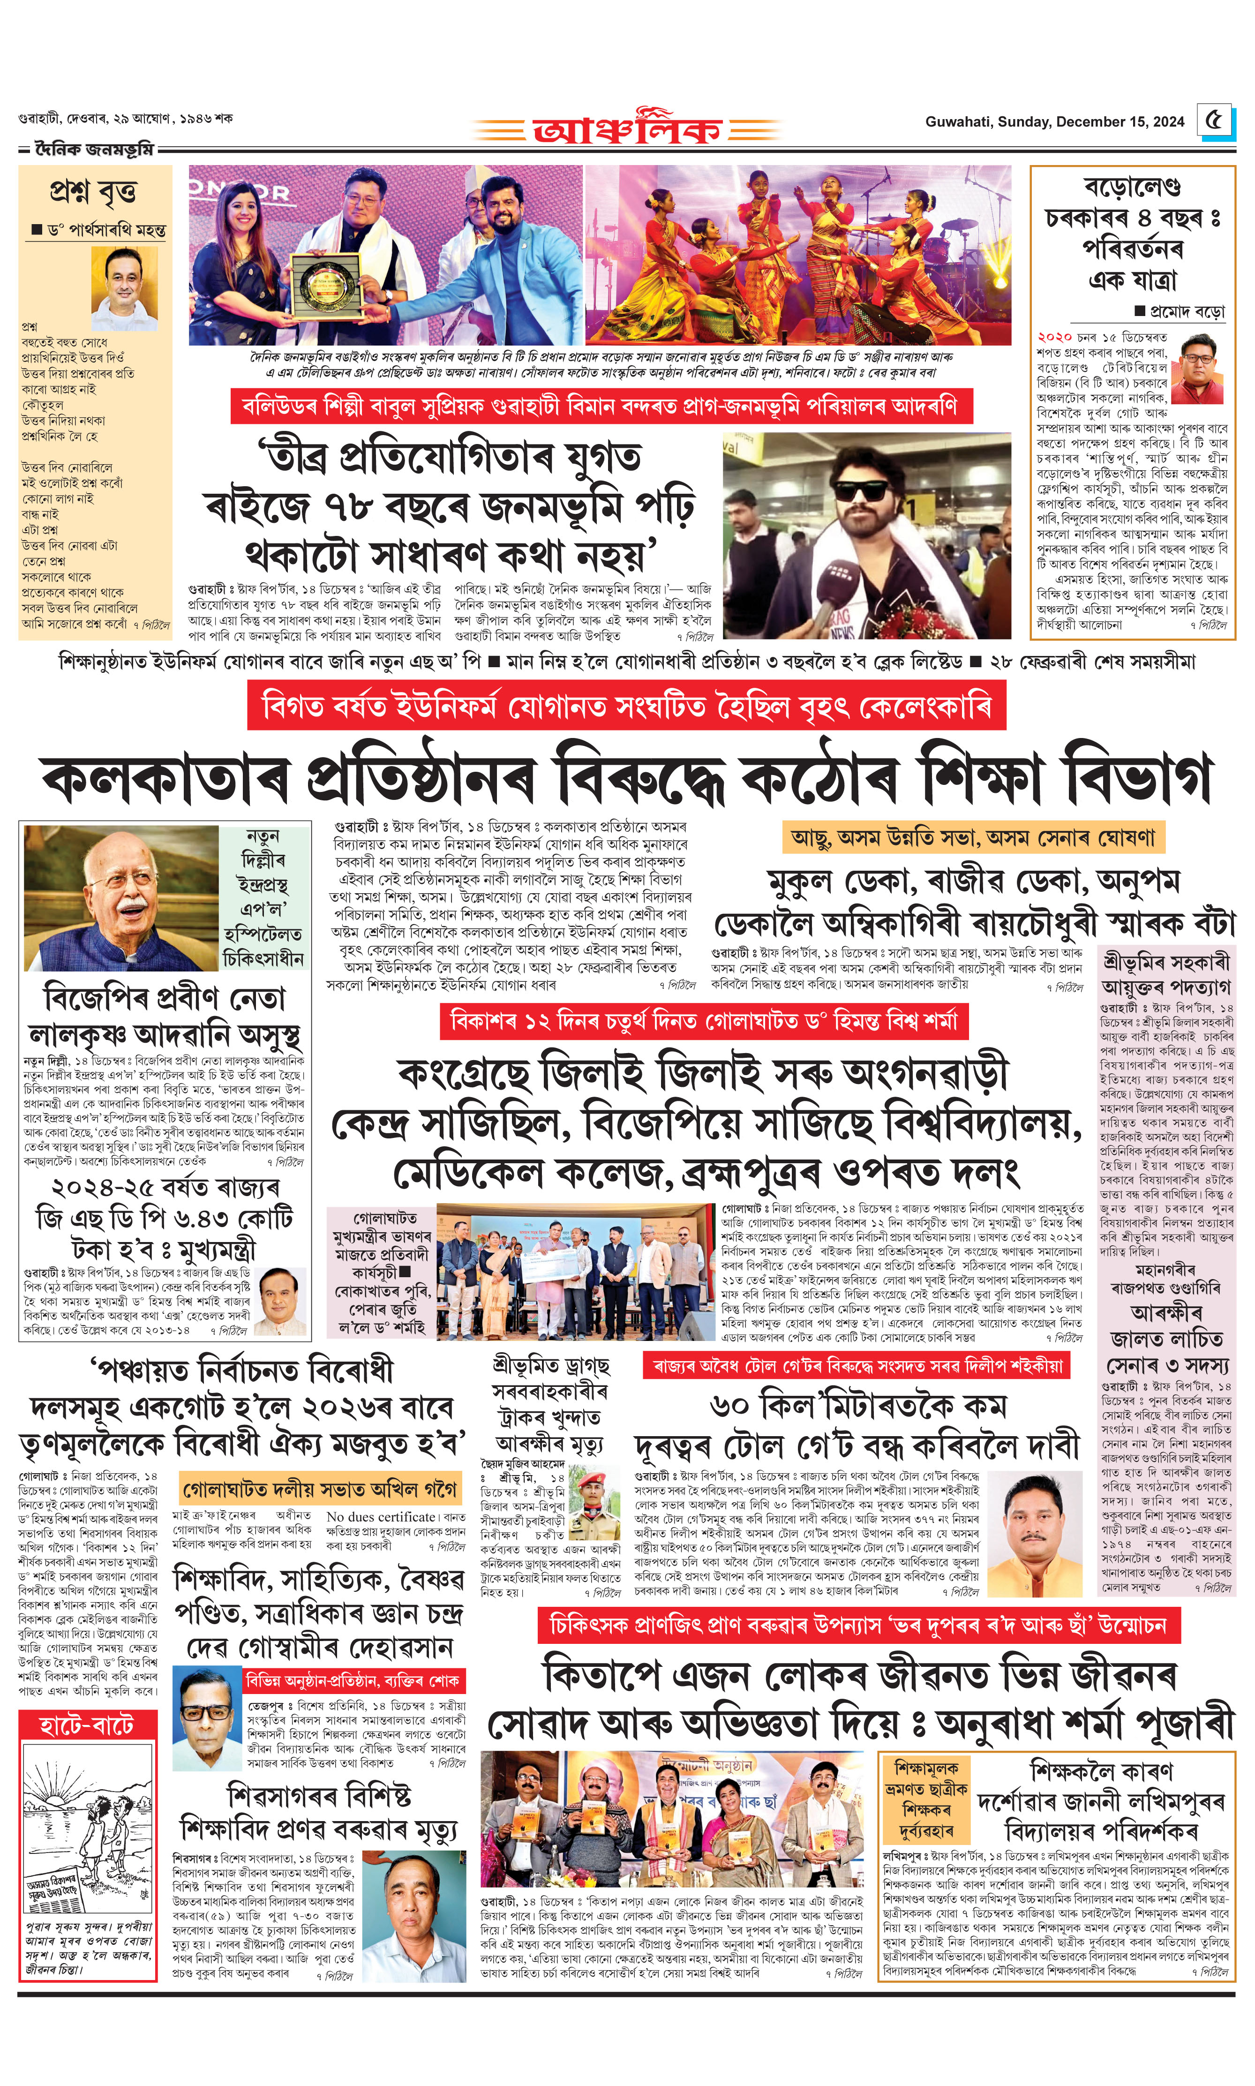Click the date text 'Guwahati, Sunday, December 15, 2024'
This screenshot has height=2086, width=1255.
(x=1054, y=122)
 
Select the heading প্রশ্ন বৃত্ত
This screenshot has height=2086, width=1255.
(x=93, y=192)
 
